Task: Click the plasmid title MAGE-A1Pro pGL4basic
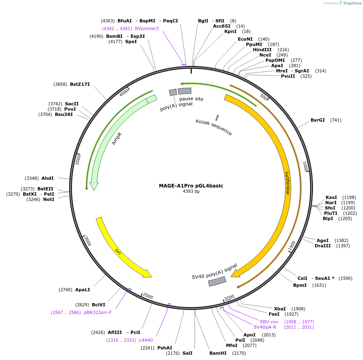click(x=191, y=186)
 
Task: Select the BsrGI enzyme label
click(x=317, y=120)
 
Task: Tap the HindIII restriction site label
click(x=262, y=50)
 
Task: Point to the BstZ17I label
click(x=80, y=84)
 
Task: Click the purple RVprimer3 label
click(x=147, y=28)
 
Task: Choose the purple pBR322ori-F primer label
click(x=98, y=312)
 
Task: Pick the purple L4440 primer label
click(x=146, y=340)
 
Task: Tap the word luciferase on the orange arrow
click(x=287, y=183)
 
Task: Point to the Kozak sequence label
click(x=214, y=127)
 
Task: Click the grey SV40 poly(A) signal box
click(x=217, y=281)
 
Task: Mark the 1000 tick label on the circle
click(x=305, y=166)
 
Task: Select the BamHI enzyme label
click(x=217, y=353)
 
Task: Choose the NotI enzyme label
click(x=49, y=199)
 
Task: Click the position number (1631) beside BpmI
click(x=319, y=285)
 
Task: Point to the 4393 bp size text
click(x=191, y=192)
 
